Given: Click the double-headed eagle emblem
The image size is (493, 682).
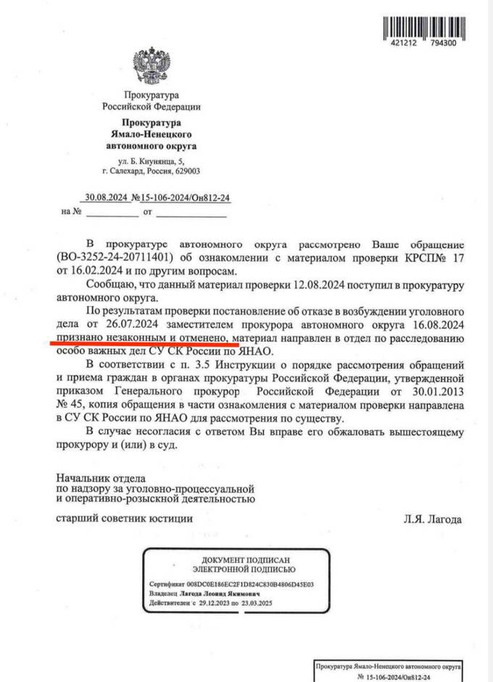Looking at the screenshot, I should (151, 67).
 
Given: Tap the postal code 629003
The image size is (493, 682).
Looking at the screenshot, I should (188, 172).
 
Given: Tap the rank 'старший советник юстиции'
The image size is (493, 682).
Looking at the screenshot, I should (124, 519).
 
